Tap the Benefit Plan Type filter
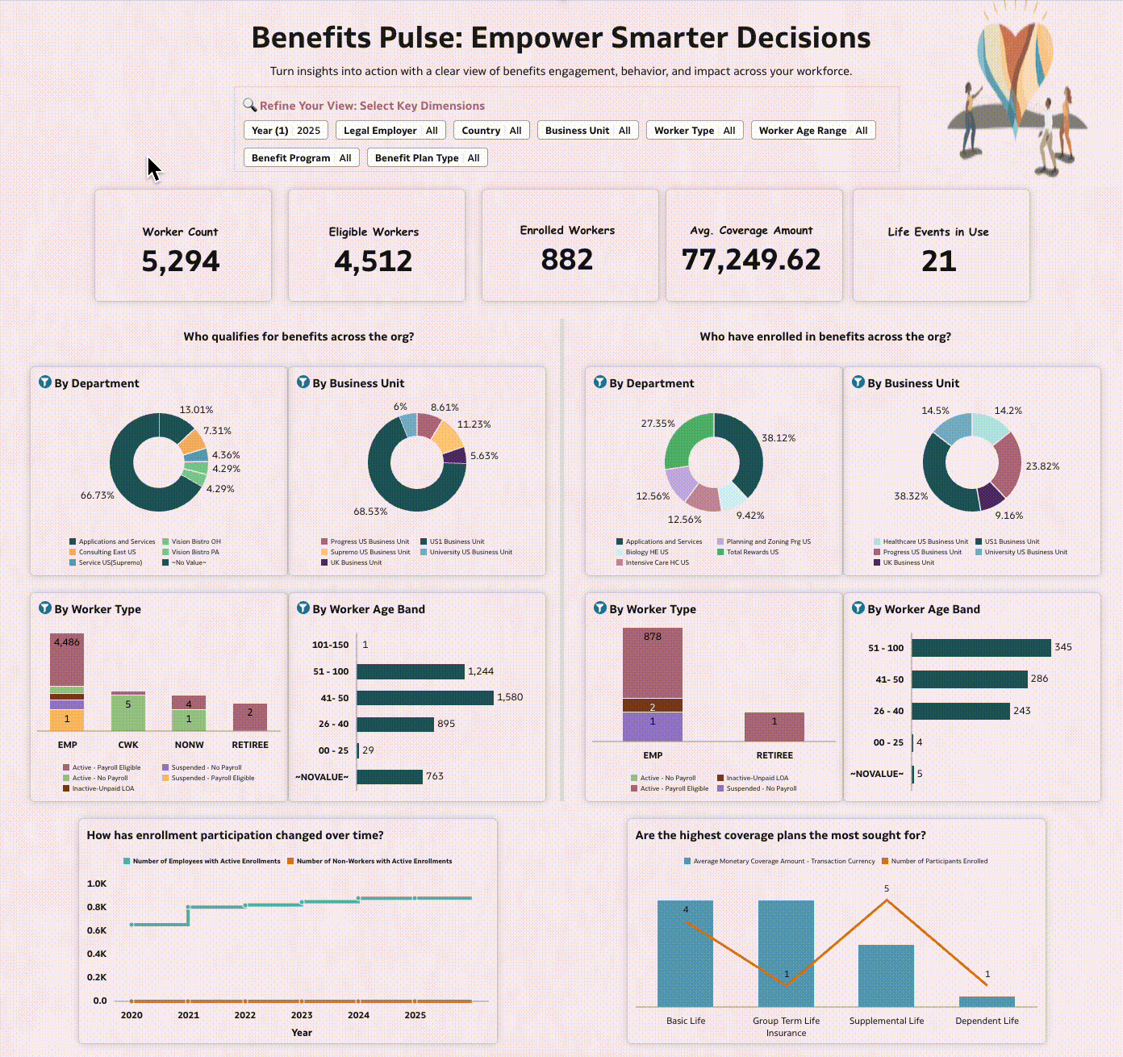coord(427,158)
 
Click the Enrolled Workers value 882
coord(567,260)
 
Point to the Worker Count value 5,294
coord(181,261)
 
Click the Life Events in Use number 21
coord(938,261)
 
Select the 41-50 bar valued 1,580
coord(424,698)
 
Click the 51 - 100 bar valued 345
coord(981,648)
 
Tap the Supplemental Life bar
coord(886,976)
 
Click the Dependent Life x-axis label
coord(987,1021)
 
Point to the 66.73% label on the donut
coord(97,495)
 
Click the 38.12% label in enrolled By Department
coord(779,438)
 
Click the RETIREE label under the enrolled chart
coord(774,755)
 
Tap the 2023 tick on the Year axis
coord(302,1015)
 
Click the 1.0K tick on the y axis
coord(97,884)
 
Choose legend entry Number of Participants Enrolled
coord(938,861)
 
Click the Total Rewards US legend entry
coord(752,552)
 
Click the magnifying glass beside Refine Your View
coord(249,105)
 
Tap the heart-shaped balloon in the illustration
coord(1015,61)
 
